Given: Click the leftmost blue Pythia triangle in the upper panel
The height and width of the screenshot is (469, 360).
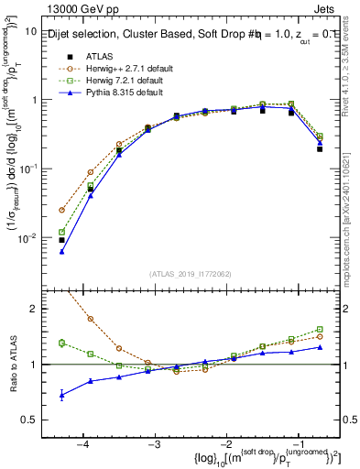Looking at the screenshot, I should [61, 251].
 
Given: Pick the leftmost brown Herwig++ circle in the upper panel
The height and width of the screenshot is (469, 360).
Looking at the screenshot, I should [61, 210].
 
